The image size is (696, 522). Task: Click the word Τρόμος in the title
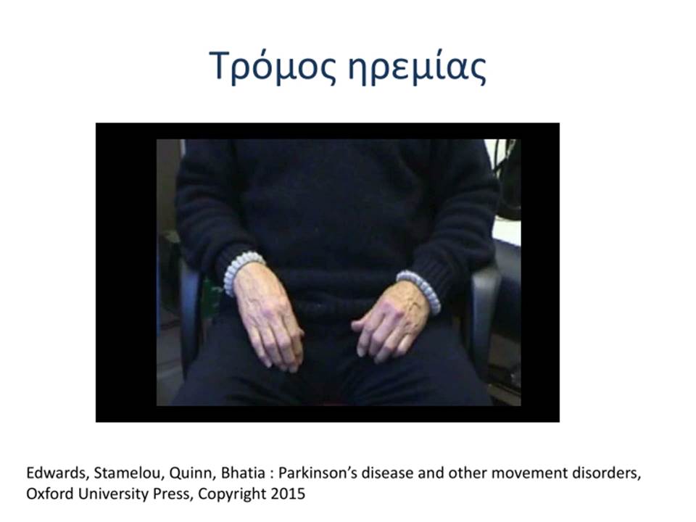point(272,66)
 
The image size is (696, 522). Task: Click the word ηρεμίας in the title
point(418,67)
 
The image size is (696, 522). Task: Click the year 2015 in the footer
point(288,494)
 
